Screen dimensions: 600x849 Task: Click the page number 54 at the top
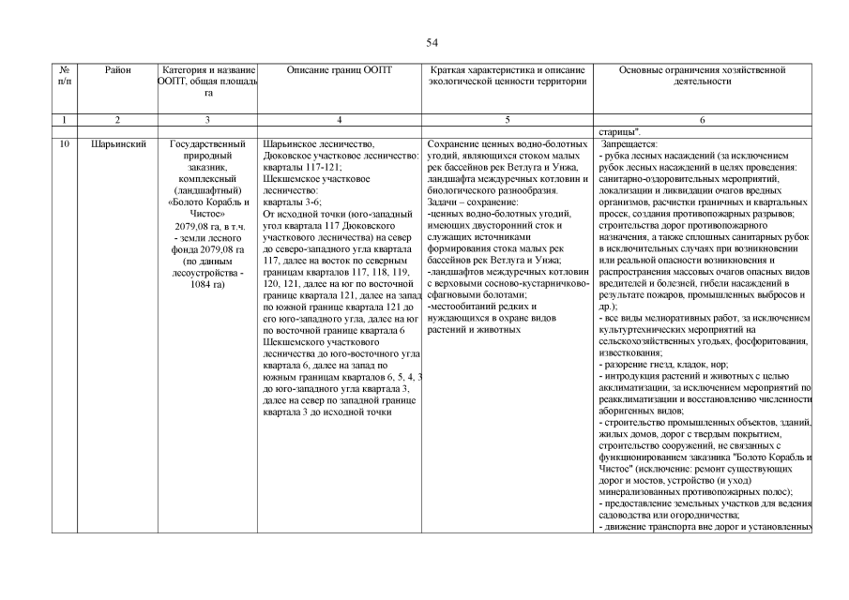pyautogui.click(x=432, y=42)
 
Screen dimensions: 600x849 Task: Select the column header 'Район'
pyautogui.click(x=118, y=70)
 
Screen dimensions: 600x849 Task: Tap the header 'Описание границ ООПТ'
pyautogui.click(x=340, y=70)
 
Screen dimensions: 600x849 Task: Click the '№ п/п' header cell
pyautogui.click(x=64, y=76)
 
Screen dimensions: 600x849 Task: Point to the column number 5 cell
pyautogui.click(x=507, y=120)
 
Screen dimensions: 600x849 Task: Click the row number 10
pyautogui.click(x=64, y=144)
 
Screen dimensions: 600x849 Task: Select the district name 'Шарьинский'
pyautogui.click(x=118, y=144)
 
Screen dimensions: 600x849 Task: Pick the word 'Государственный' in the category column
pyautogui.click(x=207, y=144)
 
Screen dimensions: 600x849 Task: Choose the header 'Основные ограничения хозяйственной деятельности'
pyautogui.click(x=703, y=76)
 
